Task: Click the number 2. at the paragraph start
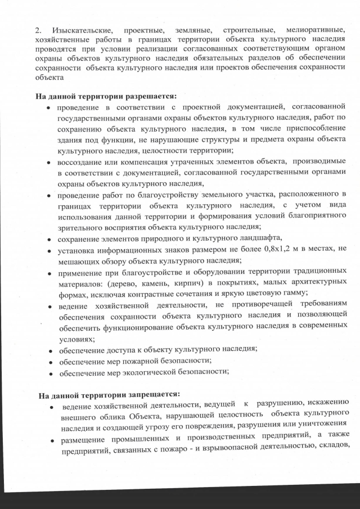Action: (40, 29)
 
